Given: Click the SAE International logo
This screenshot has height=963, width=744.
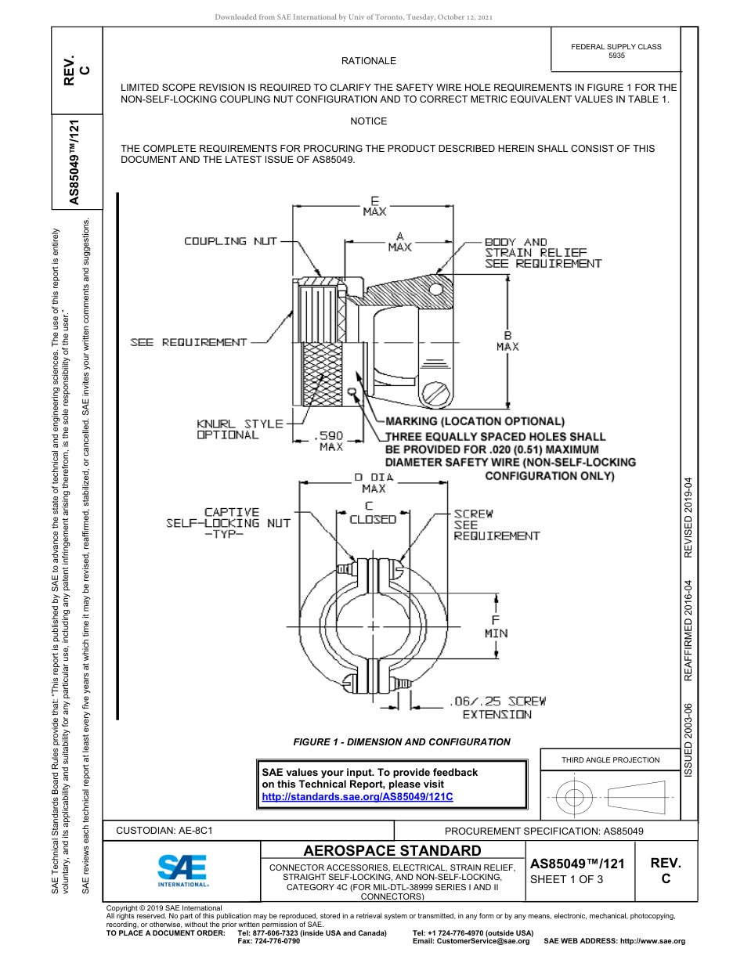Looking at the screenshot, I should (x=182, y=869).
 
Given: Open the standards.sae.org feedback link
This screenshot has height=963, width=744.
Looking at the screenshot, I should (x=357, y=796).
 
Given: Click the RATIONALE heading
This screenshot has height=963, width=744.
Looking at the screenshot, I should (x=369, y=61).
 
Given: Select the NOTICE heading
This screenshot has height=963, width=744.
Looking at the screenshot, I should (x=369, y=121).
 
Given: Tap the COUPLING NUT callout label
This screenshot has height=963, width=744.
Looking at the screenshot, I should (x=230, y=241).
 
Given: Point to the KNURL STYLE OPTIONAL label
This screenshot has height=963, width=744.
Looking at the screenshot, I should (x=240, y=429).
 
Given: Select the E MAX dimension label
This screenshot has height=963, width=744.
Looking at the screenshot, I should (x=374, y=206).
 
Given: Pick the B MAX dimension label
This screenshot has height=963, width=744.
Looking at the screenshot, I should (x=507, y=341).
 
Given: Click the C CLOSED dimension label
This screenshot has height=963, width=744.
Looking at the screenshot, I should (x=373, y=514).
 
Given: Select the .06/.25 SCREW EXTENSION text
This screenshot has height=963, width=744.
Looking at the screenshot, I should (x=497, y=708).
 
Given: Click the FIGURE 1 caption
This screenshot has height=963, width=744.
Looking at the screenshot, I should (x=402, y=742).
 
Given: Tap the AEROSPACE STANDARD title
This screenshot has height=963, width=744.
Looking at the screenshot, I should (x=392, y=850).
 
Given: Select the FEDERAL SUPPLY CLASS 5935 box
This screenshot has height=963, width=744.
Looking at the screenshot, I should (x=616, y=51).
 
